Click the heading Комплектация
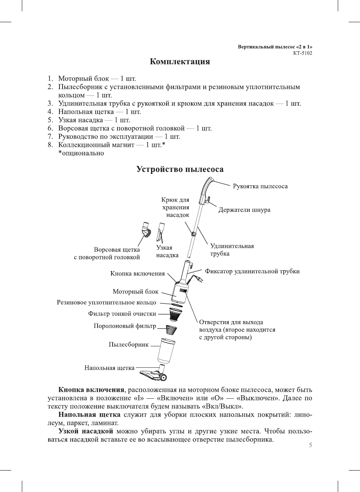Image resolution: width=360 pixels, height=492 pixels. pyautogui.click(x=180, y=62)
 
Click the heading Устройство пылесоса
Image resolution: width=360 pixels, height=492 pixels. pyautogui.click(x=180, y=169)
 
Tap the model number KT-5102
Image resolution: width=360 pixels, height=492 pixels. pyautogui.click(x=302, y=53)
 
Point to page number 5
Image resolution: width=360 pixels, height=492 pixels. pyautogui.click(x=310, y=445)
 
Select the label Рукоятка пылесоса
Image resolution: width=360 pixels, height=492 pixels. pyautogui.click(x=260, y=186)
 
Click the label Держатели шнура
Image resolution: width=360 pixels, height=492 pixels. pyautogui.click(x=244, y=210)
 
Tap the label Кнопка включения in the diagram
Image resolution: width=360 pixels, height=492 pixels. pyautogui.click(x=137, y=274)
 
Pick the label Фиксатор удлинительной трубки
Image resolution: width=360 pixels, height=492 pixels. pyautogui.click(x=252, y=271)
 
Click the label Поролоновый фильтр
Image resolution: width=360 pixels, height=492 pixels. pyautogui.click(x=125, y=326)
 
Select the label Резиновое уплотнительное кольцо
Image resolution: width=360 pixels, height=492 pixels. pyautogui.click(x=106, y=302)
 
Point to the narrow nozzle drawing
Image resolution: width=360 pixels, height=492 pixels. pyautogui.click(x=161, y=231)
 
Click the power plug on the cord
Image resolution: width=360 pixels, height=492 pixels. pyautogui.click(x=199, y=280)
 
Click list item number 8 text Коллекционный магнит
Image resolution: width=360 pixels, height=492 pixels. pyautogui.click(x=96, y=145)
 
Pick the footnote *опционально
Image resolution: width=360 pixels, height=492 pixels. pyautogui.click(x=81, y=153)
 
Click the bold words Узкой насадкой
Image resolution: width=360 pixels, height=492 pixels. pyautogui.click(x=86, y=431)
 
